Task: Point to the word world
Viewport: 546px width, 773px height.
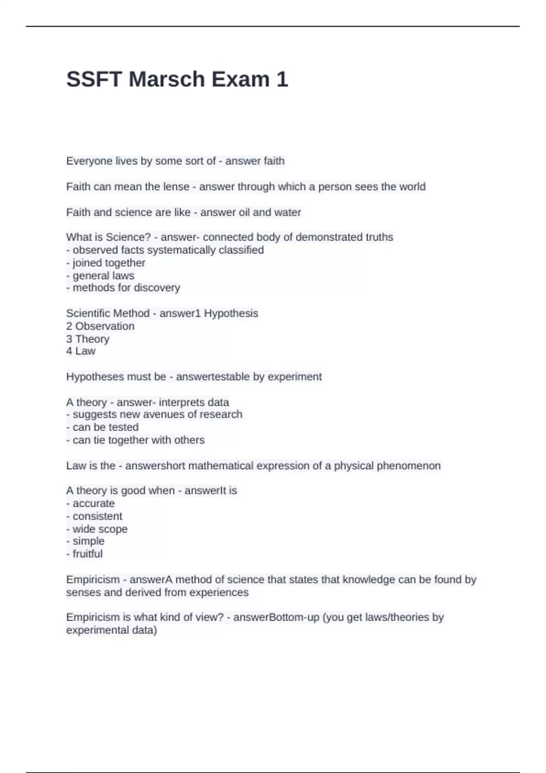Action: click(x=412, y=187)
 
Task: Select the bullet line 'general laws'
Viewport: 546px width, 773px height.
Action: click(x=100, y=276)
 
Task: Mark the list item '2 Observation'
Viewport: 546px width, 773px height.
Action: click(x=100, y=326)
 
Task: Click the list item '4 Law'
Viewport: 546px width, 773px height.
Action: click(x=81, y=351)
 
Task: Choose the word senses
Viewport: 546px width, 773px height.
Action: click(x=82, y=592)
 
